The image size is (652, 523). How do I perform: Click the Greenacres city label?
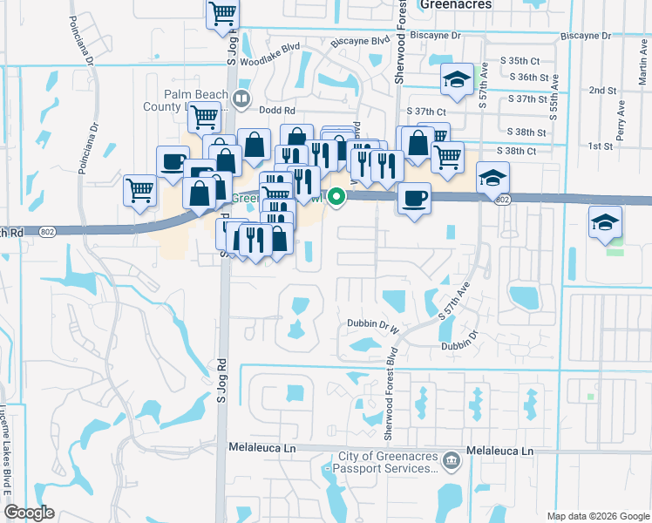pyautogui.click(x=455, y=4)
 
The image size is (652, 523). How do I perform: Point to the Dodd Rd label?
pyautogui.click(x=277, y=111)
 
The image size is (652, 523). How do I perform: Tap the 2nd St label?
pyautogui.click(x=602, y=91)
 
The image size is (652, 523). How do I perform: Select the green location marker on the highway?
pyautogui.click(x=335, y=197)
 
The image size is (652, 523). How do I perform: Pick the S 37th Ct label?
pyautogui.click(x=427, y=112)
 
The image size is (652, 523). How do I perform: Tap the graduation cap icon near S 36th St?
pyautogui.click(x=454, y=80)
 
